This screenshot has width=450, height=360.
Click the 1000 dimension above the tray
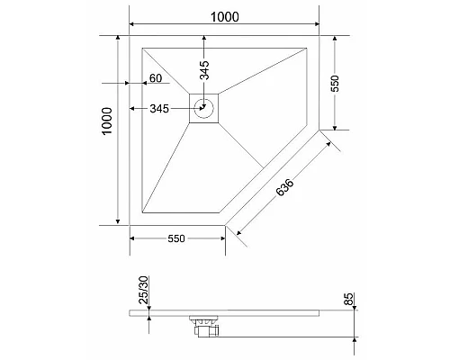[x=224, y=16]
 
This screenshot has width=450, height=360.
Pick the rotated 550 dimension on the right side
[x=335, y=83]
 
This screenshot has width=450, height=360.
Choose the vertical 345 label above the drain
[x=205, y=68]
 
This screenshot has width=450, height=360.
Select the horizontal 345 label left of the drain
[x=160, y=109]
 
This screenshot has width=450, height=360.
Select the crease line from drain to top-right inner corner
[x=262, y=71]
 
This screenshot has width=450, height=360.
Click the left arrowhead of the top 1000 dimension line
[x=132, y=23]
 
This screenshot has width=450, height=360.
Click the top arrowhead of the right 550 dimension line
[x=335, y=38]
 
